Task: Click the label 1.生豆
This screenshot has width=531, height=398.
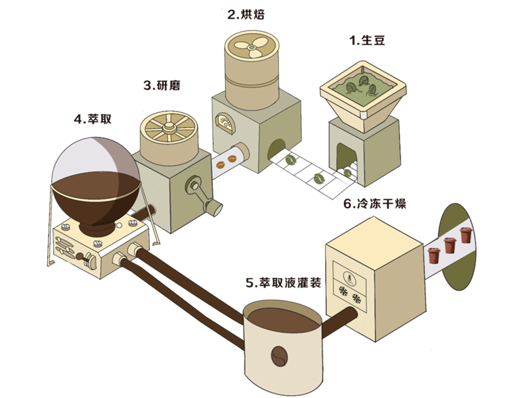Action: click(367, 41)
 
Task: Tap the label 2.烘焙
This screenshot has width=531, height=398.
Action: click(250, 14)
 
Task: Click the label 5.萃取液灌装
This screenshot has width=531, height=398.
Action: click(283, 283)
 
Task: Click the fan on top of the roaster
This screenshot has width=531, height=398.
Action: click(251, 47)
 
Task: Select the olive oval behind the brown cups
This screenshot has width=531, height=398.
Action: click(458, 245)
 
